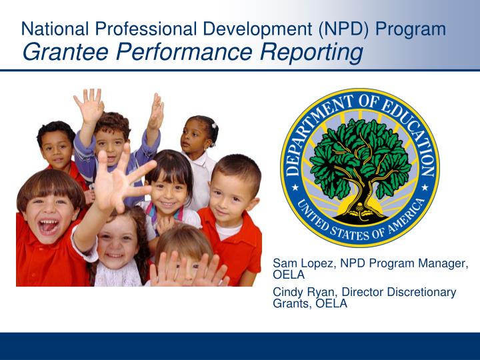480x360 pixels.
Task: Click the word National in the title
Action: pos(54,29)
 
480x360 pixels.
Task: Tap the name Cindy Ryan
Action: pos(301,292)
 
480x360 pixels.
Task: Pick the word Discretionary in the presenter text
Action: pos(423,292)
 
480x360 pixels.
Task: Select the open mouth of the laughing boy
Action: pos(48,227)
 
